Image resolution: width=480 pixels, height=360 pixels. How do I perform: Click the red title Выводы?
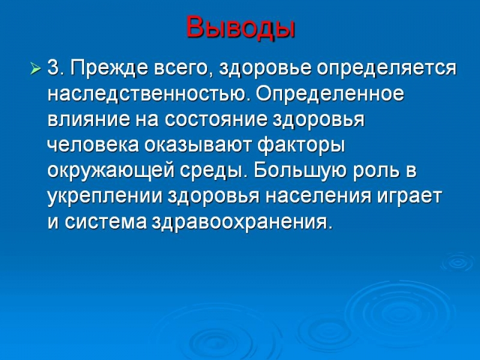(241, 28)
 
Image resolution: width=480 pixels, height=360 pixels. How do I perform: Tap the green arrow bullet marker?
(35, 69)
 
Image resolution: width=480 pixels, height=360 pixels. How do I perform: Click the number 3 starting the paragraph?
(53, 68)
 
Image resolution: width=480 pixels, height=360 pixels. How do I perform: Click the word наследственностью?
(146, 94)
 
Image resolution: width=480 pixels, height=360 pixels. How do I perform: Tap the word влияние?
(89, 119)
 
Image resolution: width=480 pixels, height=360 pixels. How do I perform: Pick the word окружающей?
(111, 172)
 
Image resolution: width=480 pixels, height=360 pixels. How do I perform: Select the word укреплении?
(104, 197)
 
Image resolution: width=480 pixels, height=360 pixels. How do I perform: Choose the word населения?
(319, 197)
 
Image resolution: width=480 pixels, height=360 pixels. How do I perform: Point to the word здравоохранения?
(242, 223)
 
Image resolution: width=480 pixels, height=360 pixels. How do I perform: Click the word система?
(106, 222)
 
